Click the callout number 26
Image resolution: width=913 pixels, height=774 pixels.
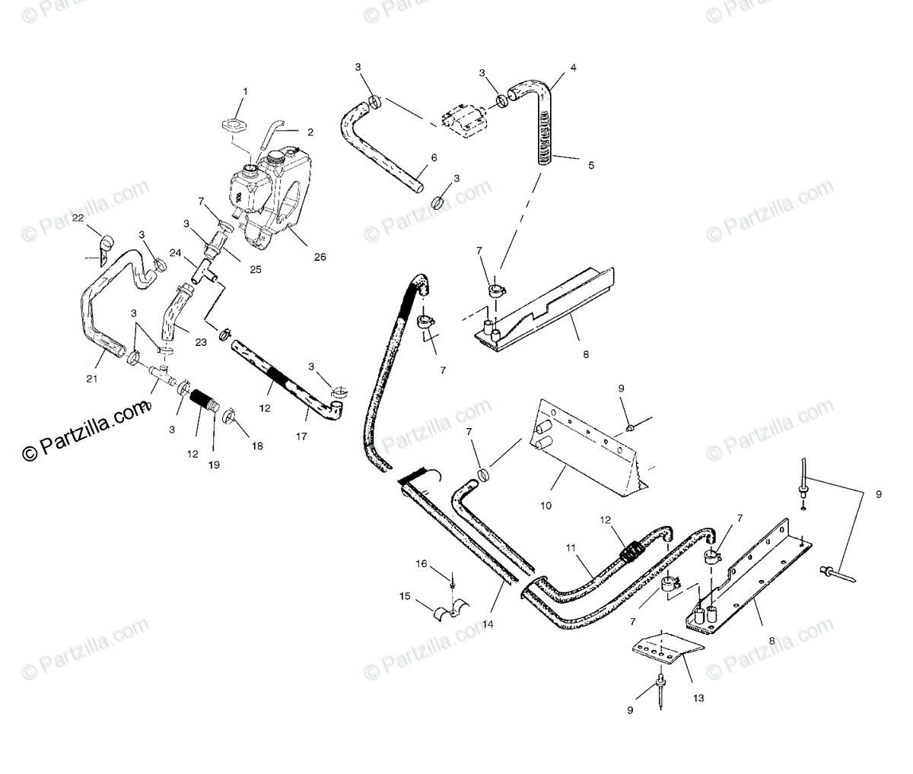(x=320, y=257)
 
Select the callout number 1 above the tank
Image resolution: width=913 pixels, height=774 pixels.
(x=245, y=91)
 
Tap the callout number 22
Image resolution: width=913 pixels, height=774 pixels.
(x=78, y=218)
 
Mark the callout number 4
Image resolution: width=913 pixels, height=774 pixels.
(x=573, y=68)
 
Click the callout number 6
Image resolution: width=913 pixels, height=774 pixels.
(x=434, y=157)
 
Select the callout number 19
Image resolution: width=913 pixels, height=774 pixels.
(x=214, y=464)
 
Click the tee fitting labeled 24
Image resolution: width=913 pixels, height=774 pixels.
(x=203, y=271)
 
